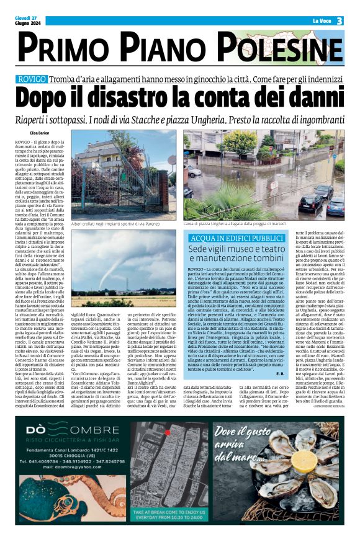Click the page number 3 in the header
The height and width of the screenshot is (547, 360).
click(340, 20)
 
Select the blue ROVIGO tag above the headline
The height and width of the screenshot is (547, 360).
click(31, 79)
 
